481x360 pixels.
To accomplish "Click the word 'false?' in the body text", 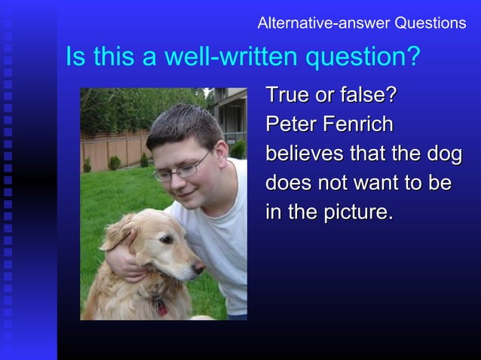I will (365, 97).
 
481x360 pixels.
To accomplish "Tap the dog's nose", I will (199, 267).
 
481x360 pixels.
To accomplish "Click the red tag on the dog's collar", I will (161, 307).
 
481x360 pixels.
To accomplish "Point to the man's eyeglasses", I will (181, 170).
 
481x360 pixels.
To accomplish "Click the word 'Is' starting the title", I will (75, 57).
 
